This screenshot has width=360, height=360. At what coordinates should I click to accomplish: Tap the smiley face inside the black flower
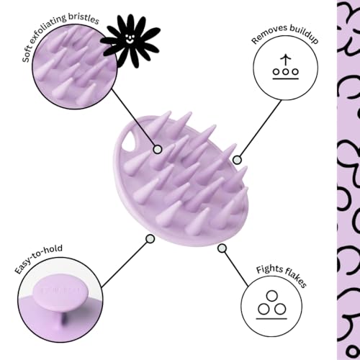[x=130, y=37]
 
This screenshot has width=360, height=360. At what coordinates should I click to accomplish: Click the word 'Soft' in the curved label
[x=27, y=55]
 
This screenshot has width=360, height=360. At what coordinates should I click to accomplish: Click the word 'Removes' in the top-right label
[x=269, y=35]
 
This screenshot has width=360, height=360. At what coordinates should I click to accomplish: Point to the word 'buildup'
[x=304, y=34]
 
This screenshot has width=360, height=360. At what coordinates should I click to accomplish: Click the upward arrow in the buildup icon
[x=285, y=60]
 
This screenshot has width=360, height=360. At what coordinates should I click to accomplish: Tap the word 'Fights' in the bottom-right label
[x=268, y=269]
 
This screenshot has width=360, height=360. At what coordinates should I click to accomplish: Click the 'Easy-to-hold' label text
[x=38, y=258]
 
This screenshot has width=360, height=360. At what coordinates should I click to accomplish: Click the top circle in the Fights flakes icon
[x=272, y=296]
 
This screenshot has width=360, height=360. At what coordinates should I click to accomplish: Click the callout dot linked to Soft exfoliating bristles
[x=158, y=150]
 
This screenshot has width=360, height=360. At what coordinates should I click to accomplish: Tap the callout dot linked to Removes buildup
[x=237, y=160]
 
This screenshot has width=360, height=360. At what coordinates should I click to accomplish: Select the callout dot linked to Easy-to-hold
[x=150, y=239]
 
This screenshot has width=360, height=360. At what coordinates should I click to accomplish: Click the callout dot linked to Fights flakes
[x=222, y=248]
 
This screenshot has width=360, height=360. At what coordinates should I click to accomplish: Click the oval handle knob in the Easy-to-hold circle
[x=60, y=292]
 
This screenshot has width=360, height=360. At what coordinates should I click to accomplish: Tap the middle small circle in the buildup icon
[x=285, y=71]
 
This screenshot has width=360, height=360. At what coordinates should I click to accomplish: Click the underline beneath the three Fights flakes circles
[x=271, y=319]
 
